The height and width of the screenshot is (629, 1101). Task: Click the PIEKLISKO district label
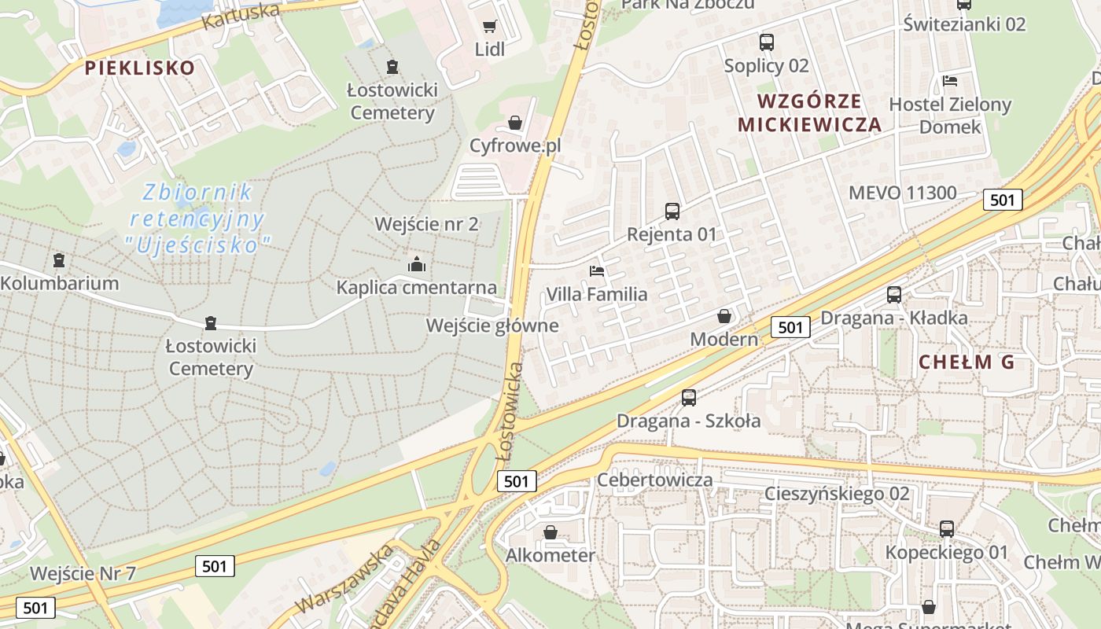139,68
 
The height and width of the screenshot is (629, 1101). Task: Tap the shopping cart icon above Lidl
489,27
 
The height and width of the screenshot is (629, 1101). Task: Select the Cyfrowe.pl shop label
515,145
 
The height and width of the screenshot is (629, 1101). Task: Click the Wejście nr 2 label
426,224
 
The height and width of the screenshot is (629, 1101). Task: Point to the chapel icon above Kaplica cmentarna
417,264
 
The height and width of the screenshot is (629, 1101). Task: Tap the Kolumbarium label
60,283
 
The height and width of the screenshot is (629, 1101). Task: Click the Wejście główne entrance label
492,326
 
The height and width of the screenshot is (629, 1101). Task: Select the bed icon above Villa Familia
598,271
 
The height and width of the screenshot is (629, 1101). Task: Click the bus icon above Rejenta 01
672,211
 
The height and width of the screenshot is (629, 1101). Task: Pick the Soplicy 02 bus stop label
767,65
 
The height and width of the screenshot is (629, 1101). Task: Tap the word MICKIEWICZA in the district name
809,124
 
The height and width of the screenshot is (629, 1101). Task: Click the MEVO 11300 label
903,193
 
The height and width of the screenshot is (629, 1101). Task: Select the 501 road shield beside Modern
790,327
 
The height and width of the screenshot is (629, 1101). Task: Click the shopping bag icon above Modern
724,316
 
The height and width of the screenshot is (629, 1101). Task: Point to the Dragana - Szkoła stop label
688,421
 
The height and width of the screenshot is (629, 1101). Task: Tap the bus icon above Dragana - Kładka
894,295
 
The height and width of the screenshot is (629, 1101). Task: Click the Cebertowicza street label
655,480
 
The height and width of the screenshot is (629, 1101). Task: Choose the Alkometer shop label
550,555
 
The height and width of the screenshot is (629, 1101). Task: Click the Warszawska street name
343,581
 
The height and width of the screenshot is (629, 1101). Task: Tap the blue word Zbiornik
197,192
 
